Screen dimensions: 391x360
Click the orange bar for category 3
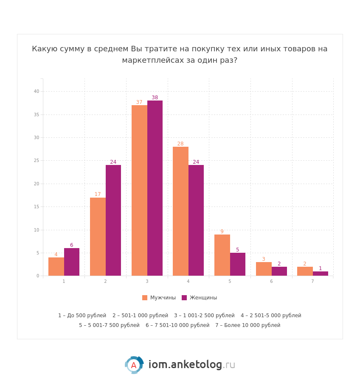[x=139, y=190]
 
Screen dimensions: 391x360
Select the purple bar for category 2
[x=113, y=220]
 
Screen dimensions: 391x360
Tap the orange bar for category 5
[x=222, y=255]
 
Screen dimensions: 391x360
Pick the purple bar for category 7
[x=321, y=274]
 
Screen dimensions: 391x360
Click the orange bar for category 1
[x=56, y=266]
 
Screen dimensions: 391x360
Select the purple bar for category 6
[x=279, y=271]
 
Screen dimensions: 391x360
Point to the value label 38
[x=155, y=98]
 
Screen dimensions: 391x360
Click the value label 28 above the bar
[x=180, y=144]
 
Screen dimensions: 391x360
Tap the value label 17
[x=98, y=194]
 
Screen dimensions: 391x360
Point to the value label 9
[x=222, y=232]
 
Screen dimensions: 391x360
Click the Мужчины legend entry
[x=159, y=298]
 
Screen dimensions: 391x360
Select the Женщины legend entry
[x=199, y=298]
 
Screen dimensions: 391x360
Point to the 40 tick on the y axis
[x=37, y=91]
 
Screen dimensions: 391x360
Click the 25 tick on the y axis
[x=37, y=161]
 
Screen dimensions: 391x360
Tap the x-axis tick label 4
[x=188, y=282]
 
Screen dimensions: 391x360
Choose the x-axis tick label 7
[x=312, y=282]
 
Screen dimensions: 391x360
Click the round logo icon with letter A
[x=134, y=365]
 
